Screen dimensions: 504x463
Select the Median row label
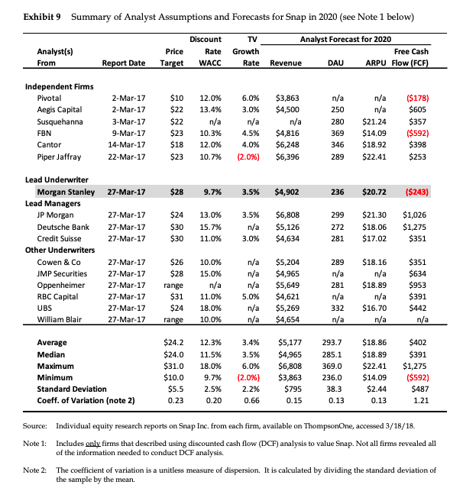[51, 354]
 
